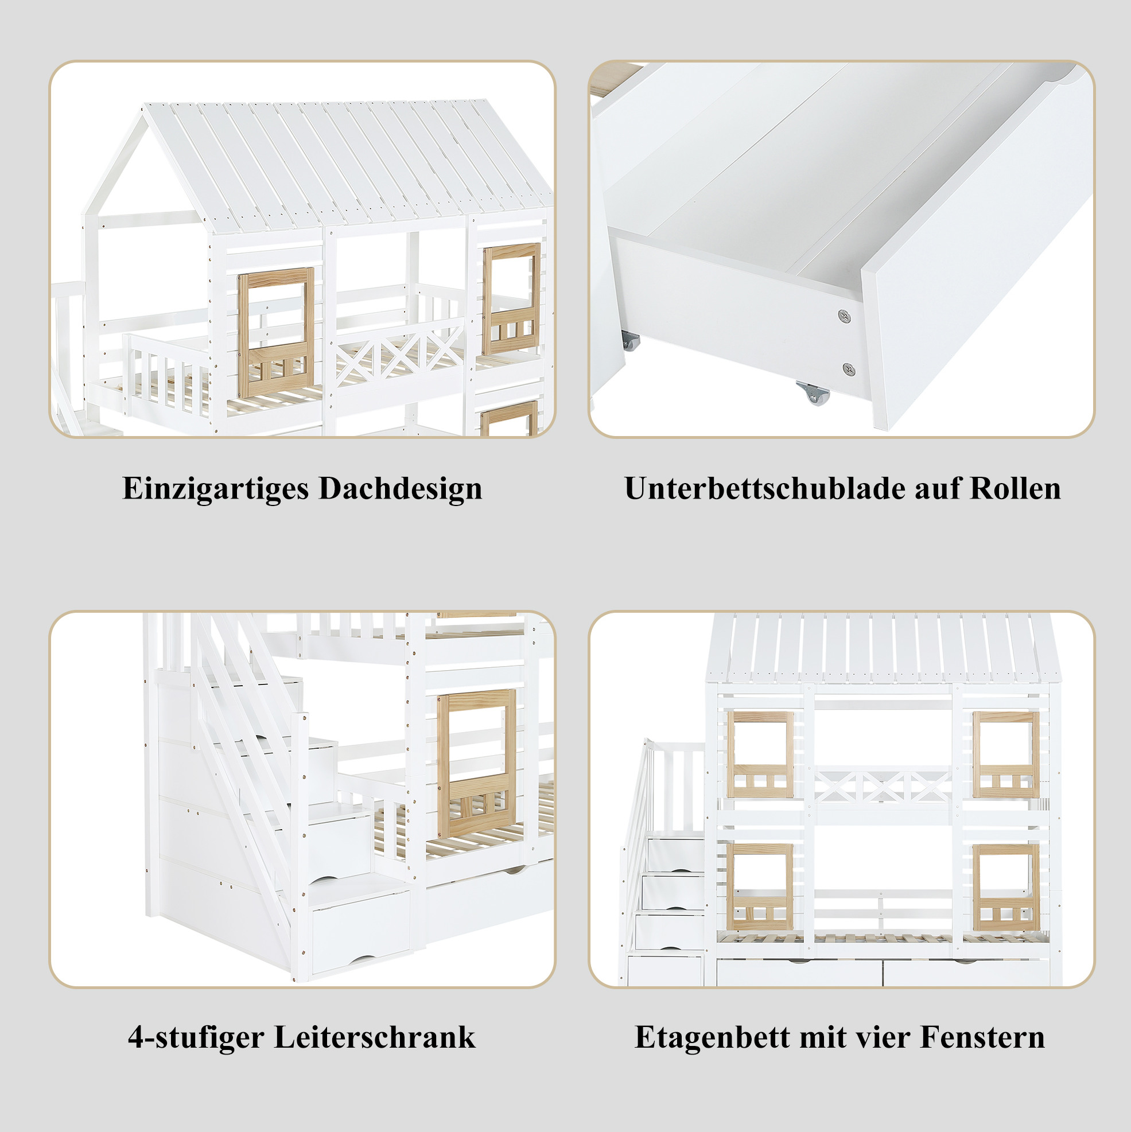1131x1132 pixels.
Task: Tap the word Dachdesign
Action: coord(401,488)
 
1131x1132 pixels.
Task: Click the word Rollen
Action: coord(1016,488)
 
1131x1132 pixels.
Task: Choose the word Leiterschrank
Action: coord(375,1037)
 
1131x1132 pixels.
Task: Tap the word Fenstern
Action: coord(983,1037)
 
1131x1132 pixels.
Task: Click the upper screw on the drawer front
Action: coord(845,316)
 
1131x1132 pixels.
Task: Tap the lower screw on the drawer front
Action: coord(849,369)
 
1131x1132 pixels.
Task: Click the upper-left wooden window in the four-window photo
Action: coord(760,754)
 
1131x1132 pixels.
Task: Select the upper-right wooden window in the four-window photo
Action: coord(1005,754)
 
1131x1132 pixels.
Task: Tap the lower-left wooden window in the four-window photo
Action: coord(760,887)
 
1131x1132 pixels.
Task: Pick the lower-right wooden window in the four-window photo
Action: coord(1005,887)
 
